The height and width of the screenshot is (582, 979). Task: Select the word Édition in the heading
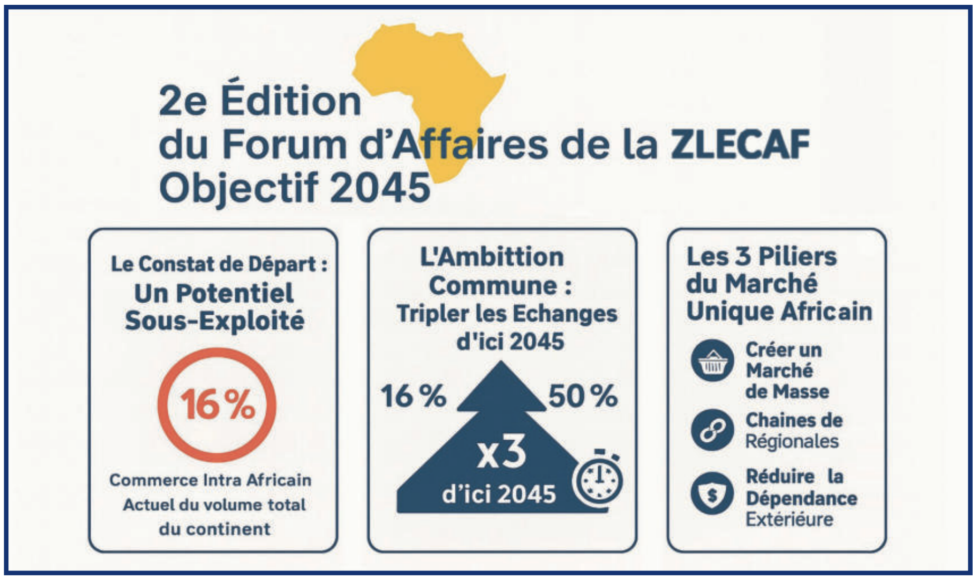tap(291, 101)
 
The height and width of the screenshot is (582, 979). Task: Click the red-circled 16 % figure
tap(217, 405)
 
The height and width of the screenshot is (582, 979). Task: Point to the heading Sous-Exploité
tap(215, 321)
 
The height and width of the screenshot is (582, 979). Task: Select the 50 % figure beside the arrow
tap(582, 396)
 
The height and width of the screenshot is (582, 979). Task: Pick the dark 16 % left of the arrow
tap(414, 396)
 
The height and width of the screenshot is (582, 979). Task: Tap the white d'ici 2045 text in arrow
tap(499, 494)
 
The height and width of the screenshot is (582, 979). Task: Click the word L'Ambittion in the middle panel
tap(492, 257)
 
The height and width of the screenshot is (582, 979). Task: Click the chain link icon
tap(712, 430)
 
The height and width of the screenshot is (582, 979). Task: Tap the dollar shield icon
tap(712, 494)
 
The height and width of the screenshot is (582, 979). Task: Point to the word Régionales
tap(791, 441)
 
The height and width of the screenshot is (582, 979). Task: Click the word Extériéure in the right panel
tap(789, 519)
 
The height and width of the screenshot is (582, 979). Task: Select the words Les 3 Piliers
tap(761, 257)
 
